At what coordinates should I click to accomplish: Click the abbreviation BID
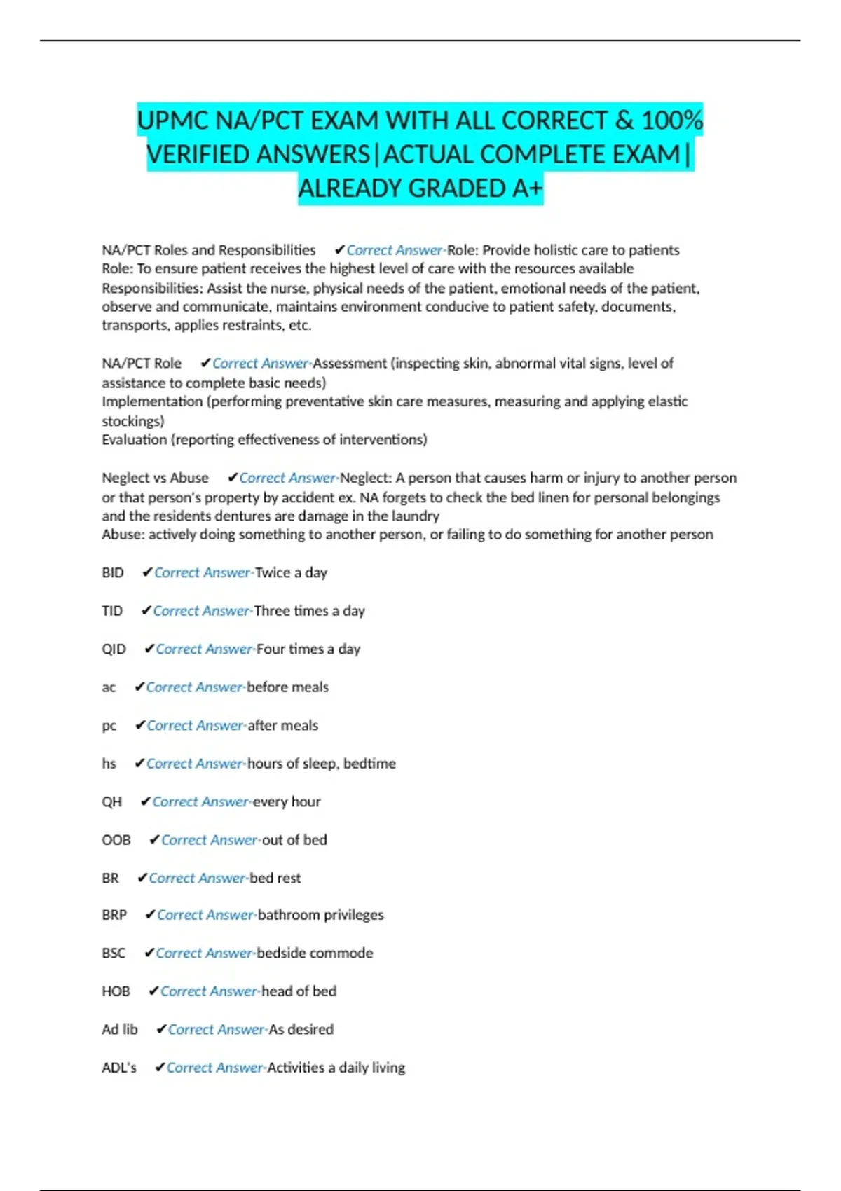[x=113, y=572]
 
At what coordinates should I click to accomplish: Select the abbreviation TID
[x=112, y=611]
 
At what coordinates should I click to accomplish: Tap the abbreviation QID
[x=114, y=649]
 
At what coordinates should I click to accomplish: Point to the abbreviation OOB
[x=116, y=839]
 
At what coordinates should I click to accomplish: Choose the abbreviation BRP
[x=114, y=915]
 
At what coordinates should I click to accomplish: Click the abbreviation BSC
[x=114, y=953]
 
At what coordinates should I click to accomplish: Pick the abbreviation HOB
[x=116, y=991]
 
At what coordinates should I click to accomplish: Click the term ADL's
[x=119, y=1068]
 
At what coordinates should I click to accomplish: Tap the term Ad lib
[x=120, y=1029]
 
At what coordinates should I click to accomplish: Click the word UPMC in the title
[x=172, y=121]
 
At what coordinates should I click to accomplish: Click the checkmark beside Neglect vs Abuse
[x=233, y=478]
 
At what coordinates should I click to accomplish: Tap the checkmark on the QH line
[x=146, y=801]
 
